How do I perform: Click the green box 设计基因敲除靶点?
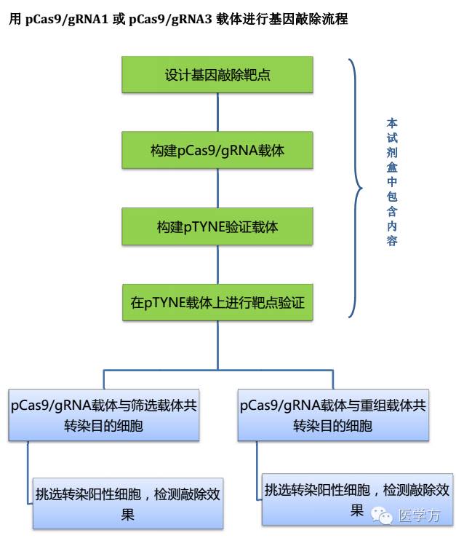[x=217, y=75]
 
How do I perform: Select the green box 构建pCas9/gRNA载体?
[x=217, y=151]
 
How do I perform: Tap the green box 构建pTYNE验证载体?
[x=217, y=227]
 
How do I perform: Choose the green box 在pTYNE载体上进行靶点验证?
[x=217, y=303]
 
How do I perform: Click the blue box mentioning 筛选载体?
[x=104, y=416]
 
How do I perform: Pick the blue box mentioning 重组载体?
[x=333, y=416]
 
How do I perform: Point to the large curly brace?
[x=354, y=189]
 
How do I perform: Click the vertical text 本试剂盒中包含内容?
[x=392, y=182]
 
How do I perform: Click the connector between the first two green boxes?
[x=217, y=112]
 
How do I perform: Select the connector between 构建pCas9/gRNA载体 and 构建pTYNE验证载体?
[x=217, y=189]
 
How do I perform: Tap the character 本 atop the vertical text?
[x=392, y=123]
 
